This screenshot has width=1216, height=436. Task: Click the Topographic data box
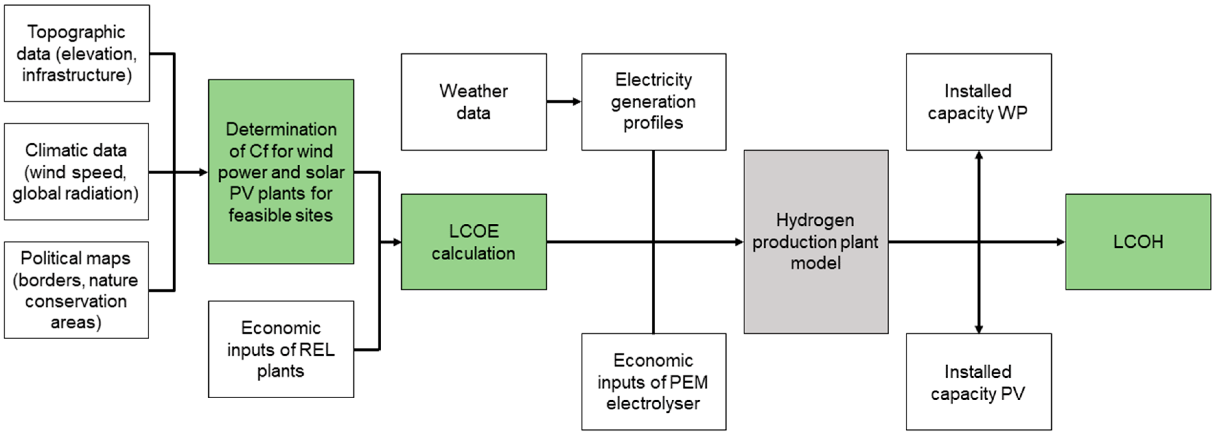coord(77,53)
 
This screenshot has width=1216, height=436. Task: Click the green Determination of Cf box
coord(281,172)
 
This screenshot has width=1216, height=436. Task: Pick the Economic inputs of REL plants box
coord(281,349)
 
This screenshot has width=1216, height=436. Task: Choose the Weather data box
coord(474,102)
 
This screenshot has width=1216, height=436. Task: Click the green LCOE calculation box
coord(474,241)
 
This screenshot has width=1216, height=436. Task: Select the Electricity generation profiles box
coord(653,102)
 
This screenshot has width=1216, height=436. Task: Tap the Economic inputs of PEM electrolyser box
coord(653,381)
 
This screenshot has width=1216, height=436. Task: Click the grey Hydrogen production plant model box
coord(816,241)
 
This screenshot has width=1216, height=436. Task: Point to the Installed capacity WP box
coord(978,102)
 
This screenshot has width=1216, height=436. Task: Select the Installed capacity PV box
coord(978,381)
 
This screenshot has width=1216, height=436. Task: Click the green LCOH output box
coord(1138,241)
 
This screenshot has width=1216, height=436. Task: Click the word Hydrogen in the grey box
coord(815,220)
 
